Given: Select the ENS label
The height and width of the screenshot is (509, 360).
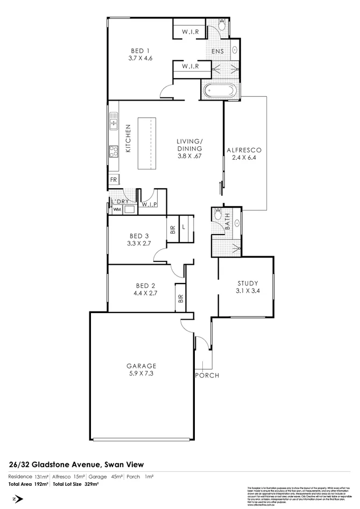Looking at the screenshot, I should [217, 51].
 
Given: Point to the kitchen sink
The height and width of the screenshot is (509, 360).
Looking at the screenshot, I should [114, 124].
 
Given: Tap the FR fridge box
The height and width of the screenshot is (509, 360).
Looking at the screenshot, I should [114, 180].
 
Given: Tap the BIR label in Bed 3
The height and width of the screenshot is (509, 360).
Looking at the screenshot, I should [173, 229].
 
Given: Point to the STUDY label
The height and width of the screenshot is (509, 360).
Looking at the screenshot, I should [248, 284].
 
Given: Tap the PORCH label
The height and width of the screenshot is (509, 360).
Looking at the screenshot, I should [207, 375].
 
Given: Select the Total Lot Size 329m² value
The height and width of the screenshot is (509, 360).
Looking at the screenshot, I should [91, 484].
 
